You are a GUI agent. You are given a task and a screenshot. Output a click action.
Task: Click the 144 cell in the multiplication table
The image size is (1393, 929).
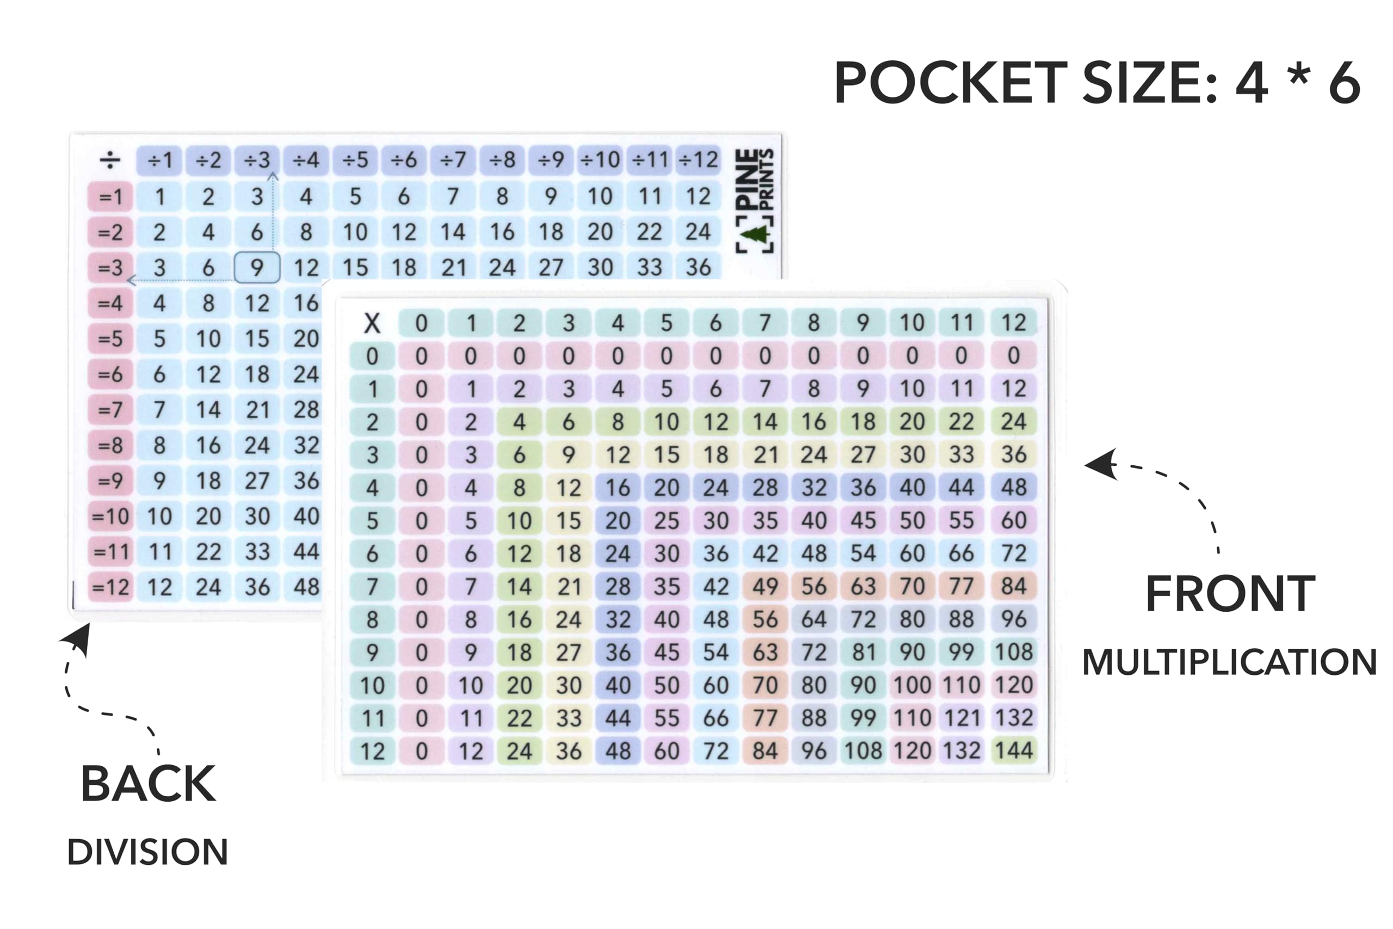point(1013,750)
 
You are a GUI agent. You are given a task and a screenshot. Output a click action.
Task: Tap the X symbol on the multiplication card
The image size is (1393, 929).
point(372,323)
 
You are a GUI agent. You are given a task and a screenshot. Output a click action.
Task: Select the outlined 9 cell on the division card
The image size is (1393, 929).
point(257,268)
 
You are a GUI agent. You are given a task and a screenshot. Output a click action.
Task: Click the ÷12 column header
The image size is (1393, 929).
point(698,160)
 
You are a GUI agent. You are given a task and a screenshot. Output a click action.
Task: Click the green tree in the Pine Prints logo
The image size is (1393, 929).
point(755,234)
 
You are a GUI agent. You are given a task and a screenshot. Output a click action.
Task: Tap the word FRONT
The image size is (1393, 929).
point(1230,594)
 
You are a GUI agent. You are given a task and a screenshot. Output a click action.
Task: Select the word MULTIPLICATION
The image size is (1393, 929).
point(1229,662)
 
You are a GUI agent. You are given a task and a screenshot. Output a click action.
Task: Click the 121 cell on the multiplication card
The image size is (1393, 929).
point(962,718)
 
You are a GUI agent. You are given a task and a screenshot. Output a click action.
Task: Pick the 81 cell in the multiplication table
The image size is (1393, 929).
point(864,653)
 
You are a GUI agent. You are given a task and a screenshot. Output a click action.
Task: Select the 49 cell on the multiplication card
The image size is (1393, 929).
point(765,587)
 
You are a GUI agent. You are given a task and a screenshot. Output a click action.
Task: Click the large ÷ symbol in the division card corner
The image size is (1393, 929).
point(110,160)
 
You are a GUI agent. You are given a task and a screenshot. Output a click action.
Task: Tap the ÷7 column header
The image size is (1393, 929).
point(453,160)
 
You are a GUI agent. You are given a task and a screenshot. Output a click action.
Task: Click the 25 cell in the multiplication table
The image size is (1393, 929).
point(666,521)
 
